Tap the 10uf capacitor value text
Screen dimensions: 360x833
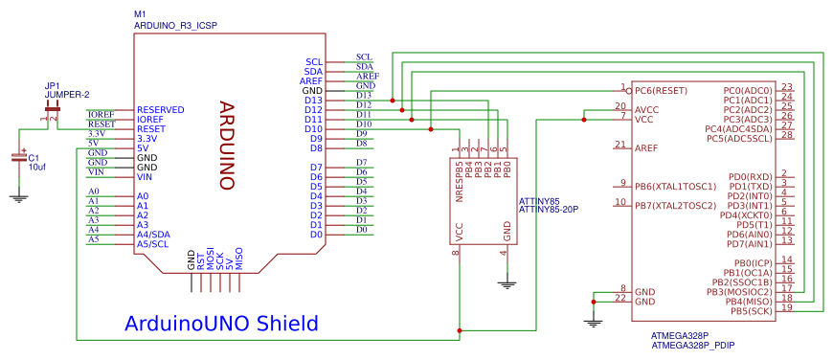(x=37, y=167)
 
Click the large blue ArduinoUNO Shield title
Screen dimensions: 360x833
(x=220, y=324)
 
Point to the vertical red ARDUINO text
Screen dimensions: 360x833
(x=228, y=145)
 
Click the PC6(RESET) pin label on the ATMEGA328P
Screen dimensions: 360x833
(x=662, y=90)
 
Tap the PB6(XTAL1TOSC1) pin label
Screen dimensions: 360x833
(x=675, y=186)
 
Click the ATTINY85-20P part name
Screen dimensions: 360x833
(x=549, y=208)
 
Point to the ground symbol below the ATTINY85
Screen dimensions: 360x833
(x=507, y=282)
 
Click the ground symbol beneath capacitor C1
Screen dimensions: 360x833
(x=17, y=197)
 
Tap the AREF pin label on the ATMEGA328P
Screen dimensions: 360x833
(x=646, y=148)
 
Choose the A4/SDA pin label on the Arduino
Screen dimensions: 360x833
(x=154, y=235)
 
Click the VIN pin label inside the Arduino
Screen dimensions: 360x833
(x=146, y=177)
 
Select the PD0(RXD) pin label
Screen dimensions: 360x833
(x=750, y=176)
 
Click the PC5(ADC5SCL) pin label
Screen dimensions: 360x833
(x=738, y=138)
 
